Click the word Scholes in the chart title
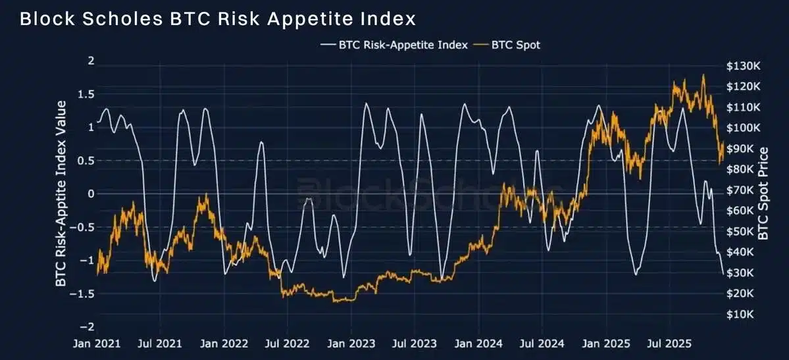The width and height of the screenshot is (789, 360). point(128,19)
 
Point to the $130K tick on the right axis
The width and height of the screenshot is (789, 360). point(743,66)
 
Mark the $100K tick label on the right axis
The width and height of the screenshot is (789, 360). point(743,128)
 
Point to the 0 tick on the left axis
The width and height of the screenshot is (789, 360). point(91,194)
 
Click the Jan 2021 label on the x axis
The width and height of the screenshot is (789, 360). point(97,344)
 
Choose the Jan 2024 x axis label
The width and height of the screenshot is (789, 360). point(478,344)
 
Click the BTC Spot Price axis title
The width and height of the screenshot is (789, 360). point(764,194)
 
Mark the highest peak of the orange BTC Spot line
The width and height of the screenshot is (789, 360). point(703,75)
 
